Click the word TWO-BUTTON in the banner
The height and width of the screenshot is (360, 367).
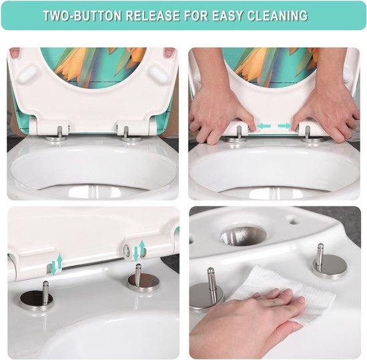coord(82,15)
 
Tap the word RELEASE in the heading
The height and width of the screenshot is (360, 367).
coord(153,15)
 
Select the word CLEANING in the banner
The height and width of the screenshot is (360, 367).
coord(278,15)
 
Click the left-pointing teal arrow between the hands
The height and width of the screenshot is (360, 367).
coord(264,126)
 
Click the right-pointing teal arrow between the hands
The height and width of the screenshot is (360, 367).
coord(285,126)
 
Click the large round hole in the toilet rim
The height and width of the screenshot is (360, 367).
coord(244,235)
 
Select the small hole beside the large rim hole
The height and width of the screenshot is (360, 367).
coord(293,220)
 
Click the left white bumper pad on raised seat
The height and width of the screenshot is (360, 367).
coord(28,73)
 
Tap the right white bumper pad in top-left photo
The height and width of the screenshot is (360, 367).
coord(159,73)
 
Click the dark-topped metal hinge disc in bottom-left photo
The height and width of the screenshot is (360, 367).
coord(36,300)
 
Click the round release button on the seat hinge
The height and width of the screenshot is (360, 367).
coord(126,251)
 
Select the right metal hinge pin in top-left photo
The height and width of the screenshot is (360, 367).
coord(126,132)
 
